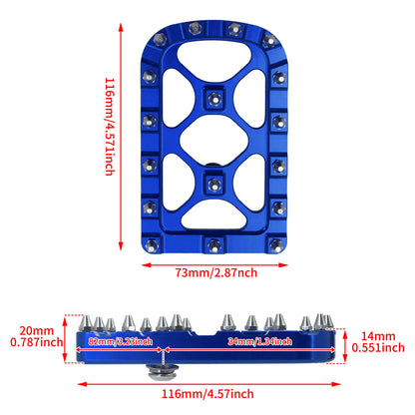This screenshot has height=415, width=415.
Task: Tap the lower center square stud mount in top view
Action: (x=213, y=183)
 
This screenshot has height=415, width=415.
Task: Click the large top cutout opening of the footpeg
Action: (x=213, y=62)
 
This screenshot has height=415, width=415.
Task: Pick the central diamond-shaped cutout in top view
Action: (x=213, y=140)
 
